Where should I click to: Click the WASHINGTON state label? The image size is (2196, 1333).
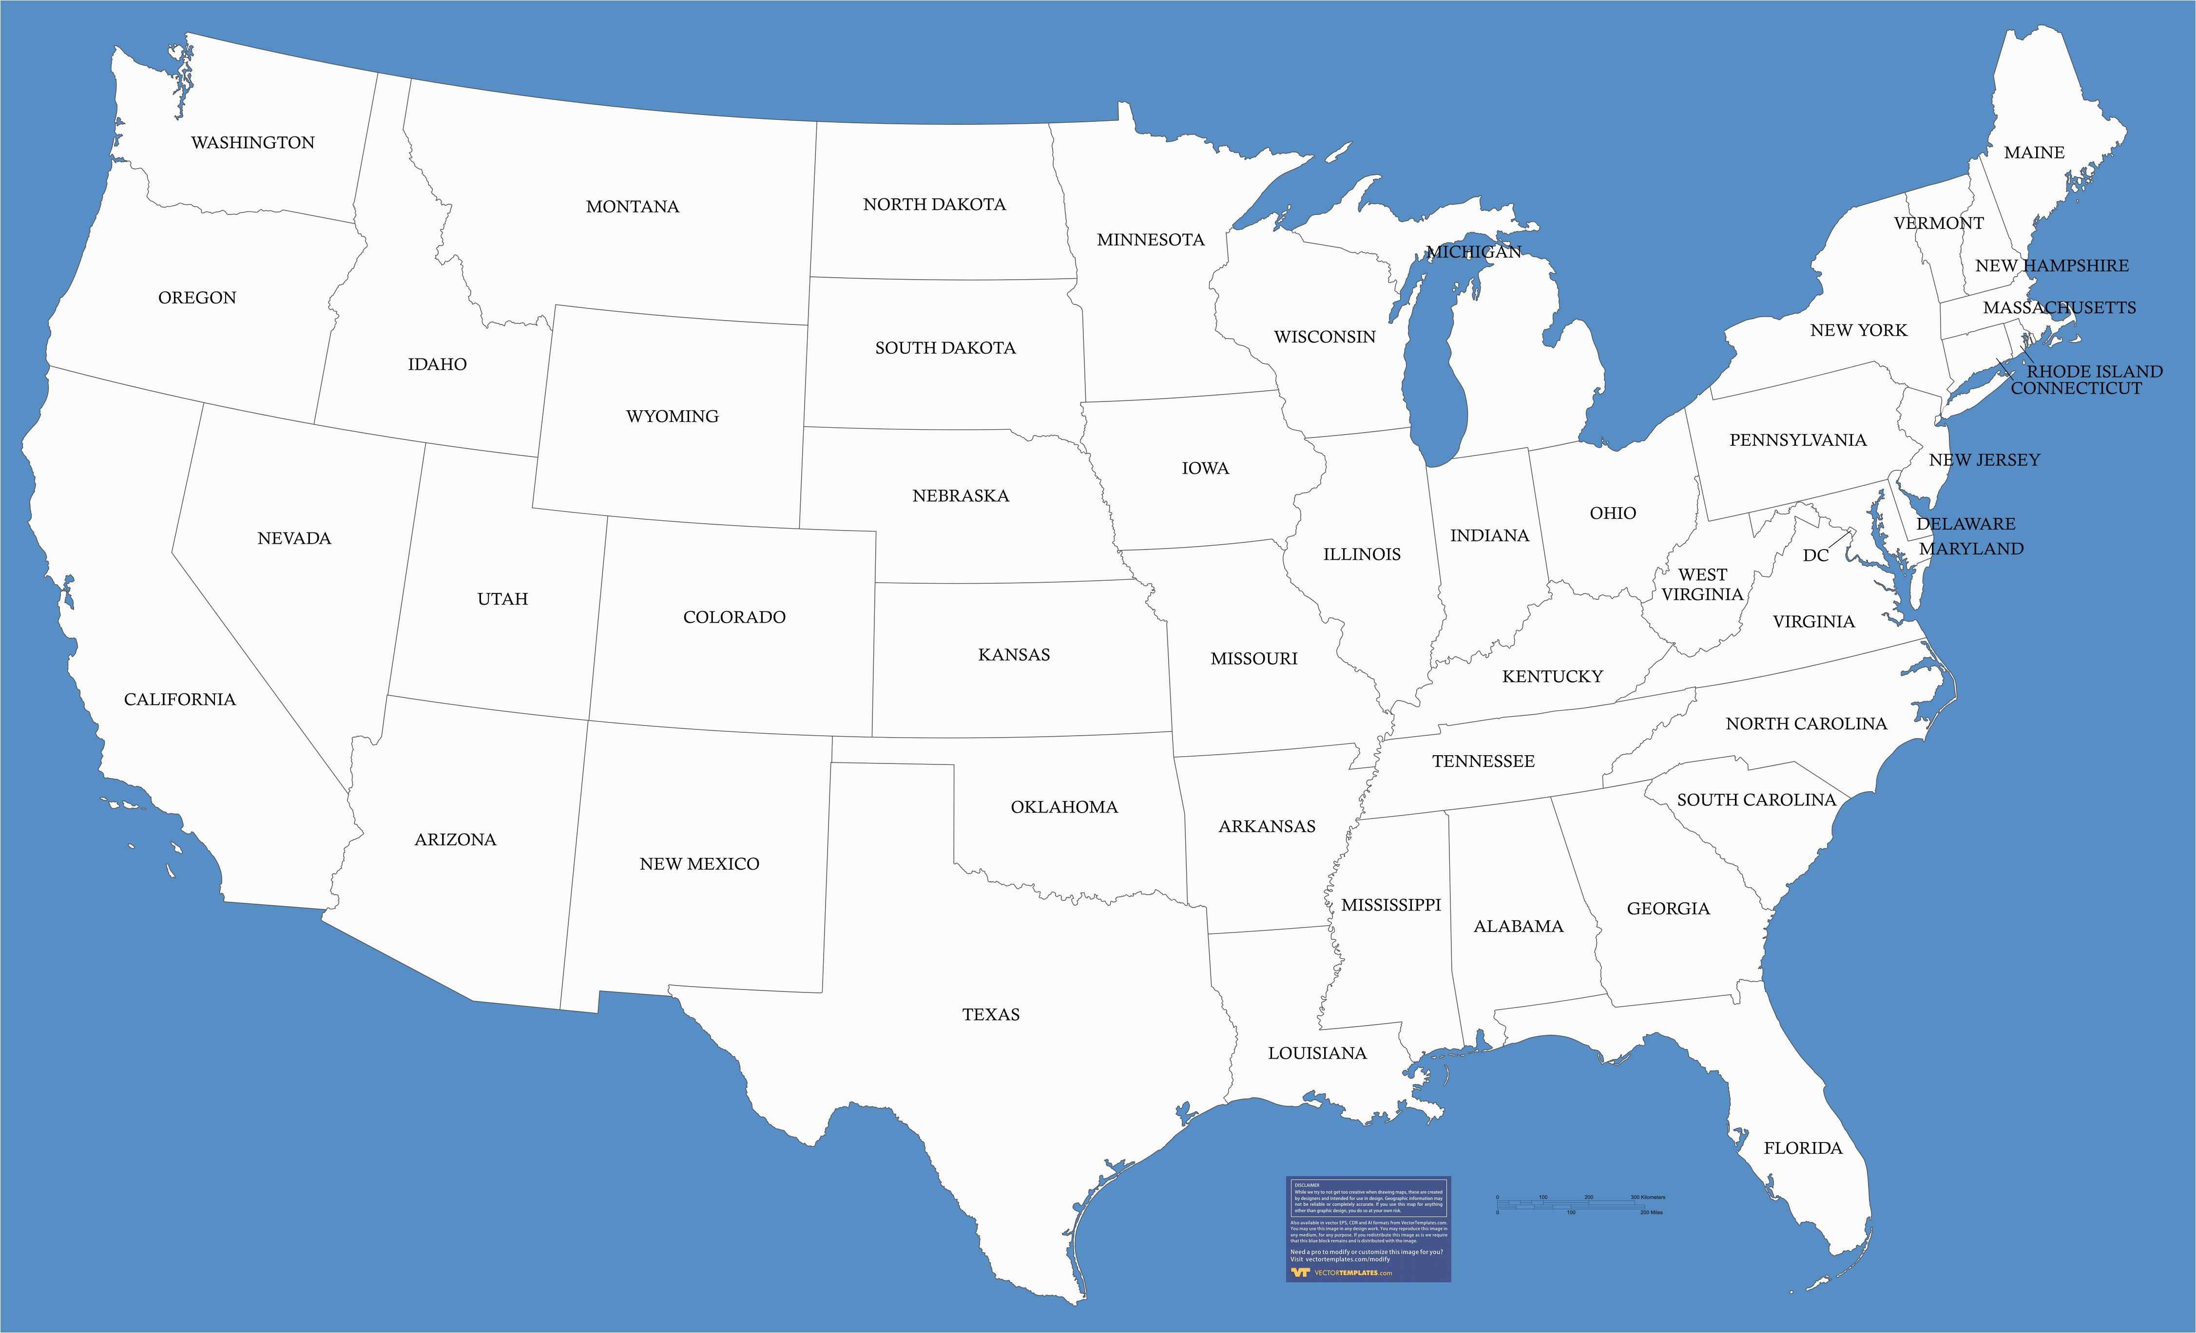pos(252,143)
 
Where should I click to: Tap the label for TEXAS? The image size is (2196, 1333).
pos(990,1014)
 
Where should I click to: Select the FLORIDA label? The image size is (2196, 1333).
pos(1802,1148)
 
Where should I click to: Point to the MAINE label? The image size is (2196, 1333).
pos(2034,152)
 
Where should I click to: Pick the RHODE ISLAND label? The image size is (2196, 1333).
pos(2095,371)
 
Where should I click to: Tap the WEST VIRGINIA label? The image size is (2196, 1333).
pos(1702,585)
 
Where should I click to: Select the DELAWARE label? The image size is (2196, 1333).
pos(1965,524)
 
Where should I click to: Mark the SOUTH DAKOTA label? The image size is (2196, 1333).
pos(944,347)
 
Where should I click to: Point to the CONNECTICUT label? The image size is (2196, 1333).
pos(2076,388)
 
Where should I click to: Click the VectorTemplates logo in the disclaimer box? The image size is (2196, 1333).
pos(1328,1273)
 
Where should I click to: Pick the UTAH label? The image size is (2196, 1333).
pos(502,599)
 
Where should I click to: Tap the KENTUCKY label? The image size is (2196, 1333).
pos(1552,676)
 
